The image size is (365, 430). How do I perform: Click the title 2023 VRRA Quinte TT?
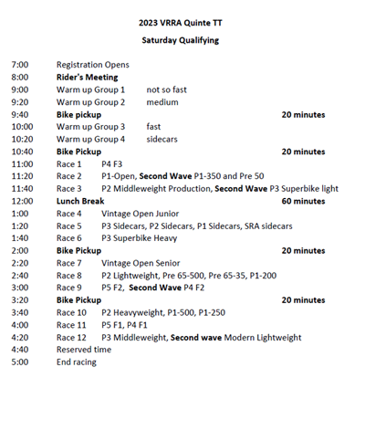[x=181, y=23]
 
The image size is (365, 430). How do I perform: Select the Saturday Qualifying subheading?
[x=181, y=40]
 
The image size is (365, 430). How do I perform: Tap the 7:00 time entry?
[x=20, y=66]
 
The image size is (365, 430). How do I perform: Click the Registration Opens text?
[x=92, y=66]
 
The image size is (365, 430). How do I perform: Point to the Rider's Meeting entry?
[x=88, y=78]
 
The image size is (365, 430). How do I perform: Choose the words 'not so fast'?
[x=167, y=90]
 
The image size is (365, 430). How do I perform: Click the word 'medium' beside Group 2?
[x=162, y=102]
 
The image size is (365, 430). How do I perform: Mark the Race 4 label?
[x=69, y=214]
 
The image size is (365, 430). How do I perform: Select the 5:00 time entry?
[x=20, y=362]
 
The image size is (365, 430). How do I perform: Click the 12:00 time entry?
[x=22, y=201]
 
